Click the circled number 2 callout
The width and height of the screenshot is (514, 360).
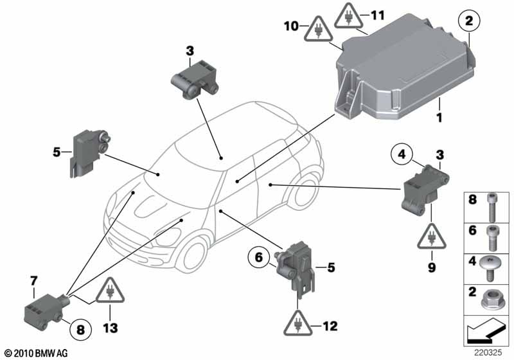(x=469, y=21)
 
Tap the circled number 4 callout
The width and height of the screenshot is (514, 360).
(x=402, y=154)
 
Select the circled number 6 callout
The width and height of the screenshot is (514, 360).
(x=259, y=258)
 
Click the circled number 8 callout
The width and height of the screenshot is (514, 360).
(x=81, y=329)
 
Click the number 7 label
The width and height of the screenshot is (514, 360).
(x=34, y=281)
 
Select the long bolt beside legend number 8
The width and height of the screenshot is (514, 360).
(x=491, y=208)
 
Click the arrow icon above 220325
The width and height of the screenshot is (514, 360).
(x=485, y=330)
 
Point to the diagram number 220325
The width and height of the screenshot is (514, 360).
(x=488, y=353)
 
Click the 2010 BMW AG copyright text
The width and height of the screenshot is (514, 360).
(x=37, y=353)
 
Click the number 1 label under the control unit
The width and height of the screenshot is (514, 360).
(x=439, y=117)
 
